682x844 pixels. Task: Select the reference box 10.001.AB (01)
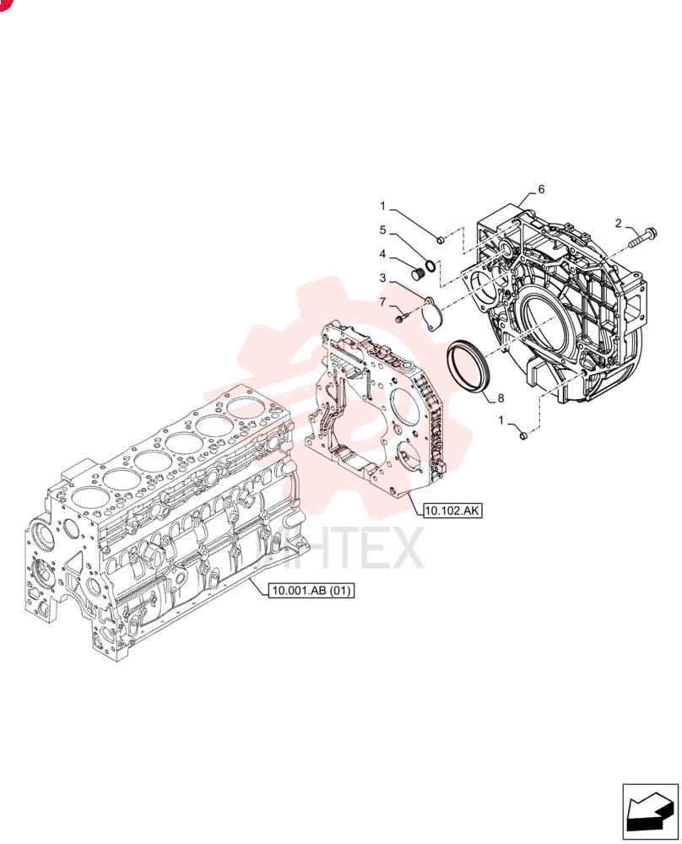(x=311, y=591)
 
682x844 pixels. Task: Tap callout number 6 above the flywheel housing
(x=541, y=189)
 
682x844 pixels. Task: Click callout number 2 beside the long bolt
(x=619, y=223)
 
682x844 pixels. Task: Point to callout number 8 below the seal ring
(x=501, y=398)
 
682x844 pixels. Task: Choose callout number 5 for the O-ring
(x=382, y=230)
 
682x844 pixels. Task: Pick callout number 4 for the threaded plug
(x=382, y=253)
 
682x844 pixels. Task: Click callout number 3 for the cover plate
(x=382, y=279)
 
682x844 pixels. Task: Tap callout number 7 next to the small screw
(x=382, y=302)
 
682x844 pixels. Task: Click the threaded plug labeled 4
(x=419, y=274)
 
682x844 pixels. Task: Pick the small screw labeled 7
(x=402, y=319)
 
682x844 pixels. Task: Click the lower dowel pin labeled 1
(x=522, y=435)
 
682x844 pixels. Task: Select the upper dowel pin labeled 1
(x=440, y=239)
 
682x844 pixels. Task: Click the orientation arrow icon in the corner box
(x=650, y=810)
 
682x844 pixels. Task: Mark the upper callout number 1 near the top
(x=382, y=206)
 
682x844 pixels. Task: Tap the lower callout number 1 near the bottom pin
(x=501, y=419)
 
